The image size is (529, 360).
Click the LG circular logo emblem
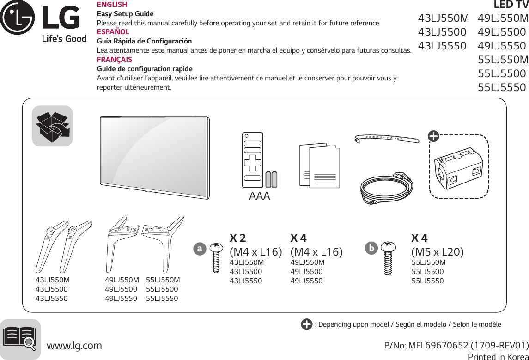click(x=17, y=18)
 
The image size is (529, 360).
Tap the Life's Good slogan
click(x=64, y=39)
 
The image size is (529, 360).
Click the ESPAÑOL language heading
click(x=113, y=32)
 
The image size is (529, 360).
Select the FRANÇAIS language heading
click(x=114, y=60)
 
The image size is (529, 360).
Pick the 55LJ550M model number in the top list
click(x=503, y=60)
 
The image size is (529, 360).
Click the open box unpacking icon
click(x=52, y=126)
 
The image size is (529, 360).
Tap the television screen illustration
click(x=154, y=157)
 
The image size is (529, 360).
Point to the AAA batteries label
click(x=259, y=196)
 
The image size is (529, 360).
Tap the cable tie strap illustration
click(x=386, y=138)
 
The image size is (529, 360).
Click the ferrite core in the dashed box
click(x=459, y=167)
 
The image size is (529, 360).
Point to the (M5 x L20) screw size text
click(x=438, y=252)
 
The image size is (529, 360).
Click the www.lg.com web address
click(x=75, y=345)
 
